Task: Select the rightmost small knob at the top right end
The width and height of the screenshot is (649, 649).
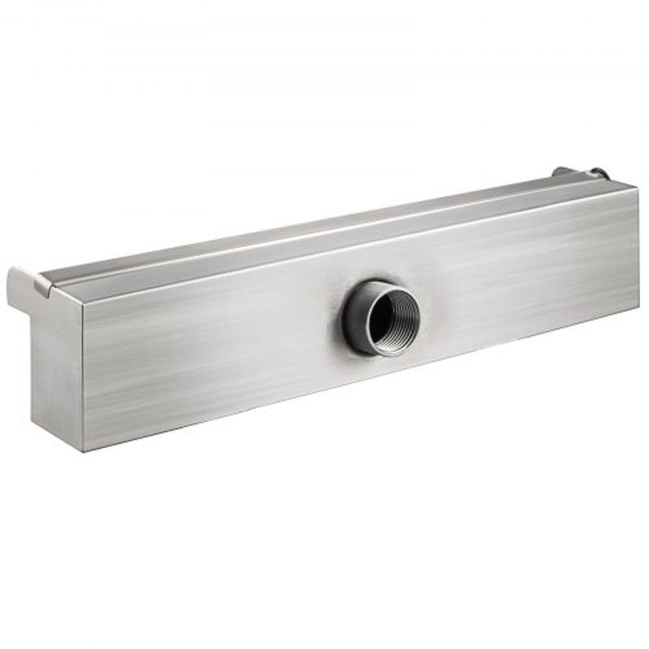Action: pos(598,172)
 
